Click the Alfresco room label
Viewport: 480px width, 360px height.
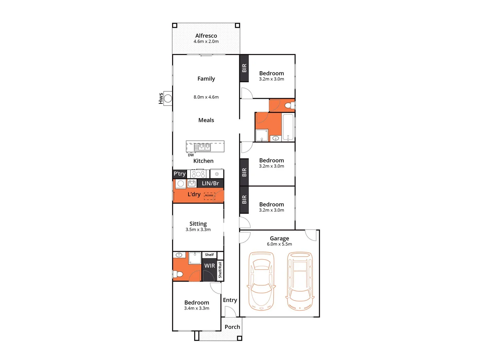point(206,36)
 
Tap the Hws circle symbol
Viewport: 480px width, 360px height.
point(168,98)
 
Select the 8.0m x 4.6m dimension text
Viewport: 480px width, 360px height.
point(206,97)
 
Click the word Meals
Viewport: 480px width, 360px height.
point(206,120)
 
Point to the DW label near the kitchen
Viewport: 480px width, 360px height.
point(191,155)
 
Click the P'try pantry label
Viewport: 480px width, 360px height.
point(179,174)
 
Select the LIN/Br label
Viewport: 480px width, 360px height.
point(210,183)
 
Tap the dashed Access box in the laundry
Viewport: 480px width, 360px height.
point(209,196)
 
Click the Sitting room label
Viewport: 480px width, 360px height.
point(198,224)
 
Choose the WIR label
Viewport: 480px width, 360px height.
point(209,266)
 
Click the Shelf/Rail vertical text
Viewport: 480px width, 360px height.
point(220,270)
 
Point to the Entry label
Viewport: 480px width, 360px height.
point(230,300)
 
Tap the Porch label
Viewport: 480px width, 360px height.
point(232,327)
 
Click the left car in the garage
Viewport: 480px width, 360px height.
point(261,281)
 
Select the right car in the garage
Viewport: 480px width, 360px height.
point(300,281)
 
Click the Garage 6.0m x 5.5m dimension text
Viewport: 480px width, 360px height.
point(279,244)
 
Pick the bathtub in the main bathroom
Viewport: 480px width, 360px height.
point(288,127)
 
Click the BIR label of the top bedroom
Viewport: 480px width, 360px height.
point(244,68)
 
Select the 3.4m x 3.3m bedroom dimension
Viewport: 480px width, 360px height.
point(196,308)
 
